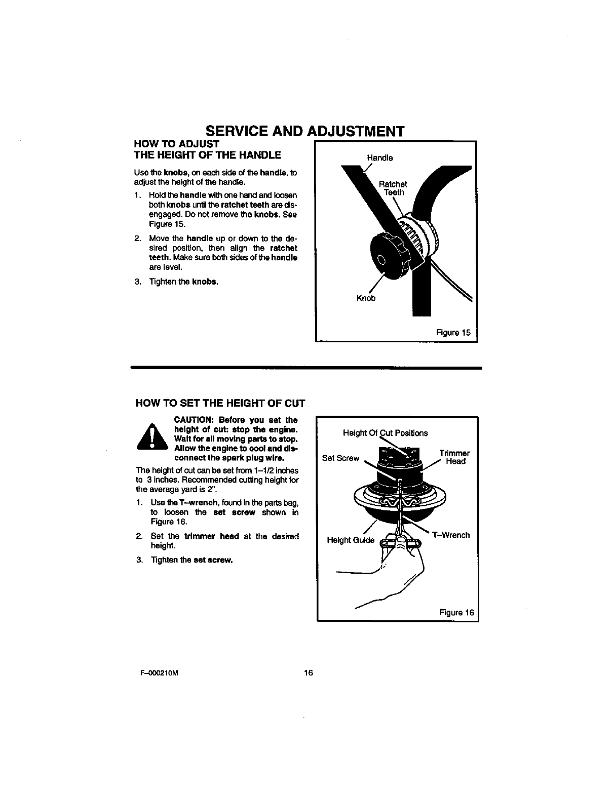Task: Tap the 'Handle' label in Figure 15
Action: [379, 157]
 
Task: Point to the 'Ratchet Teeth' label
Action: [394, 188]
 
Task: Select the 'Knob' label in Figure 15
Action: [366, 298]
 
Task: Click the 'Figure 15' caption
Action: [453, 333]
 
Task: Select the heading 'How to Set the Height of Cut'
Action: [220, 404]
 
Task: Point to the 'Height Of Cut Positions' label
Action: [385, 433]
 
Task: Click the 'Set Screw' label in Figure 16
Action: [340, 458]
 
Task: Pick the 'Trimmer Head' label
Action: [454, 457]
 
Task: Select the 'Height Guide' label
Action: [351, 540]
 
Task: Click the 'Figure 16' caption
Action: [456, 612]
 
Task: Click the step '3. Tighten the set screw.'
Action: [185, 560]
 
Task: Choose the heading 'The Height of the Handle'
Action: [207, 154]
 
